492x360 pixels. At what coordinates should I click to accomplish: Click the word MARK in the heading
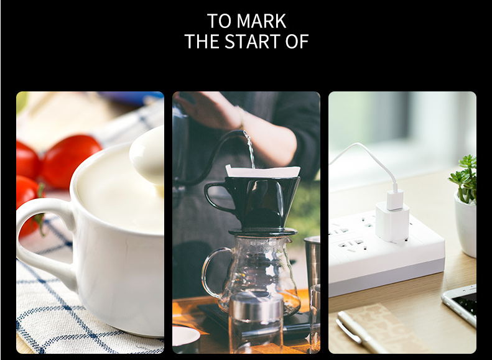pos(261,21)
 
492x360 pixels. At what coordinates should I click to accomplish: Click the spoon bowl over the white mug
pos(147,157)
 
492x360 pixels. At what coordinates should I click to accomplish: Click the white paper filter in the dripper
pos(262,171)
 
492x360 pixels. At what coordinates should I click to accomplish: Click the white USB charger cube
pos(392,222)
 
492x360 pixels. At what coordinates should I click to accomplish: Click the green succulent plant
pos(465,178)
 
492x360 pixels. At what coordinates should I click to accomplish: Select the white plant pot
pos(466,224)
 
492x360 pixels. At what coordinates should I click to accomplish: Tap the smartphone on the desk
pos(460,304)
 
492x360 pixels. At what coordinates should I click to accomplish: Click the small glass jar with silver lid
pos(256,323)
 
